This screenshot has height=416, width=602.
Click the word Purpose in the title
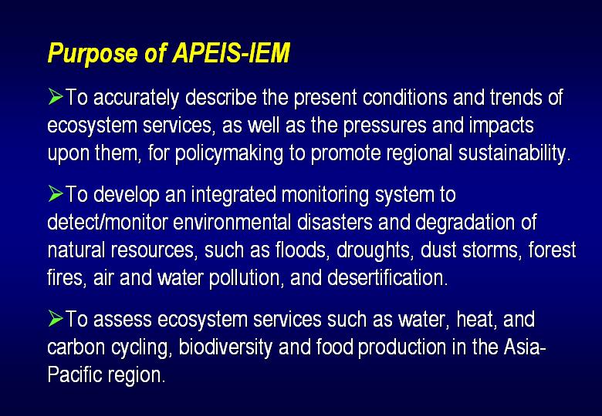[93, 53]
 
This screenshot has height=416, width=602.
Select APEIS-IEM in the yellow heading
[231, 52]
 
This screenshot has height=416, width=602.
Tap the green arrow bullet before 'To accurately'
[56, 96]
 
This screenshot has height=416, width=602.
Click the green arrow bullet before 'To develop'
[56, 193]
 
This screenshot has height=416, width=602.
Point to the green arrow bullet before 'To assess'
[56, 318]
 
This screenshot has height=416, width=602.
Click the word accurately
[137, 98]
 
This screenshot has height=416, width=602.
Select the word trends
[516, 97]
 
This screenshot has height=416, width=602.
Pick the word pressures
[384, 126]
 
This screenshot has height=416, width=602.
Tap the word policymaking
[228, 154]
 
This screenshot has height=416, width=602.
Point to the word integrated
[233, 196]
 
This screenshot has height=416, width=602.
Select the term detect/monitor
[108, 222]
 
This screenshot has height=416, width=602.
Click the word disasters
[335, 222]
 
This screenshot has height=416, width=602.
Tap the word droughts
[375, 251]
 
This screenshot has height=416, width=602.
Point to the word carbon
[76, 347]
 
